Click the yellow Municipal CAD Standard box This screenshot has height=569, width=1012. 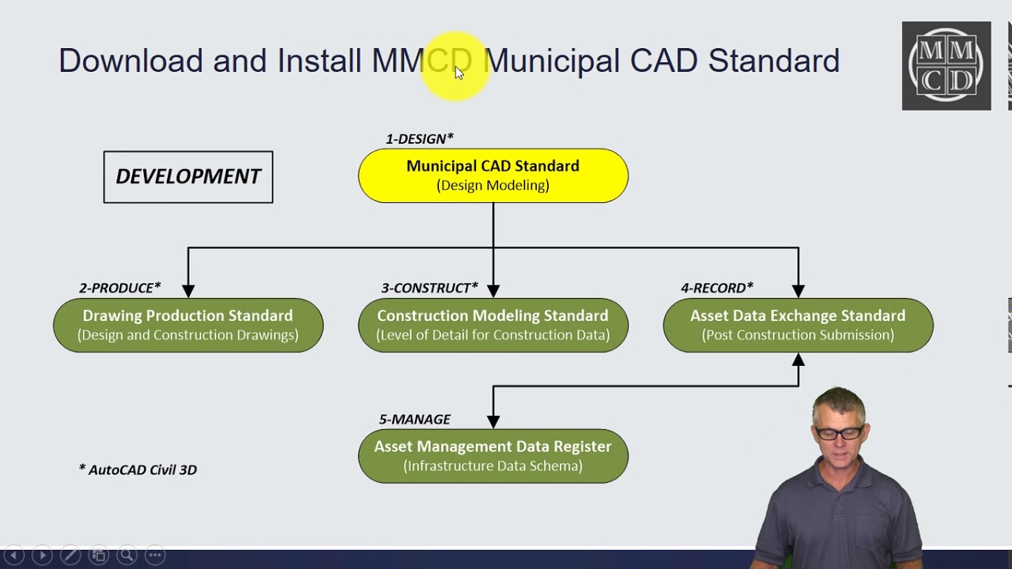tap(493, 175)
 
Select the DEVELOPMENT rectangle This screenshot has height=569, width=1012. tap(188, 177)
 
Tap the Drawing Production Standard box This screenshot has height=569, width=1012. tap(188, 325)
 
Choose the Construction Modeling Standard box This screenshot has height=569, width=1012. tap(493, 325)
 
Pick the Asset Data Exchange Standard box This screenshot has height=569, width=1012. tap(798, 325)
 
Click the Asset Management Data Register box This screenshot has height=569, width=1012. tap(493, 456)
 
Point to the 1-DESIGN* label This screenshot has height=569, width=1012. tap(419, 139)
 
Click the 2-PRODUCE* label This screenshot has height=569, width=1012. tap(119, 288)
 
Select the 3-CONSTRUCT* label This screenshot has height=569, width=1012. tap(429, 288)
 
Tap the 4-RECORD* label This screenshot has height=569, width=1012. tap(716, 288)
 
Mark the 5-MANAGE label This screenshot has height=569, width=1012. tap(414, 419)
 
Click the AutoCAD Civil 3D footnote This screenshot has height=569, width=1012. tap(138, 469)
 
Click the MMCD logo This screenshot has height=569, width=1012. tap(946, 66)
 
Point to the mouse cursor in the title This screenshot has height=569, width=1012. tap(459, 73)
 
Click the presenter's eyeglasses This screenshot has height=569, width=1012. tap(839, 433)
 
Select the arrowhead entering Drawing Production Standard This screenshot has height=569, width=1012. tap(188, 291)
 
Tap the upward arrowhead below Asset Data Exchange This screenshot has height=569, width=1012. tap(798, 360)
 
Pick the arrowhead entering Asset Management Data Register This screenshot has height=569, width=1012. tap(493, 421)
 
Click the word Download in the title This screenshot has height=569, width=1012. tap(130, 61)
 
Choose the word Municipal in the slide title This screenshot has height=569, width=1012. tap(551, 61)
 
